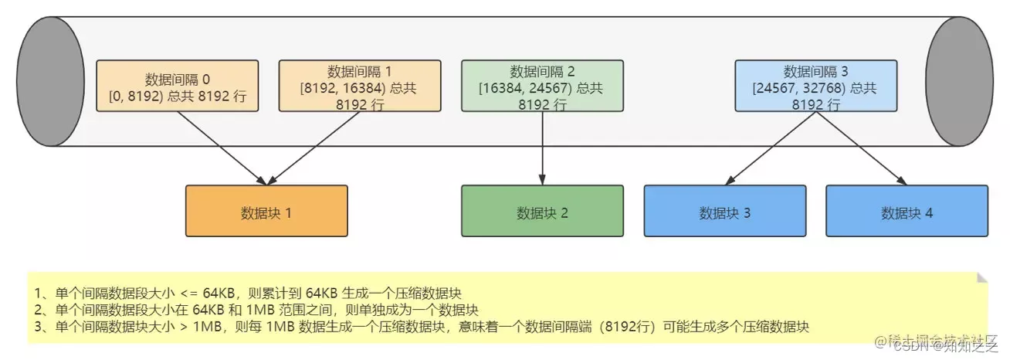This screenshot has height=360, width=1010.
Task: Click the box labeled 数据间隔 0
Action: pyautogui.click(x=177, y=86)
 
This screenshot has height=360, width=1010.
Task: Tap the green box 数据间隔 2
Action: pyautogui.click(x=542, y=86)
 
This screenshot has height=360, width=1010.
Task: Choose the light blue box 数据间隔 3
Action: pyautogui.click(x=815, y=86)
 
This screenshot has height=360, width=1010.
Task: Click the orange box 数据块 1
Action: pyautogui.click(x=266, y=211)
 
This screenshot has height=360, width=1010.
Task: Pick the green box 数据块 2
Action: pyautogui.click(x=542, y=211)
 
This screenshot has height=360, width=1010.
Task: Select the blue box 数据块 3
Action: pyautogui.click(x=724, y=211)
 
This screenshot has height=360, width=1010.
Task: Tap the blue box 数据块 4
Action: pyautogui.click(x=907, y=211)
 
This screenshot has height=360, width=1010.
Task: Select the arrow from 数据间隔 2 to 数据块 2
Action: pyautogui.click(x=542, y=148)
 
